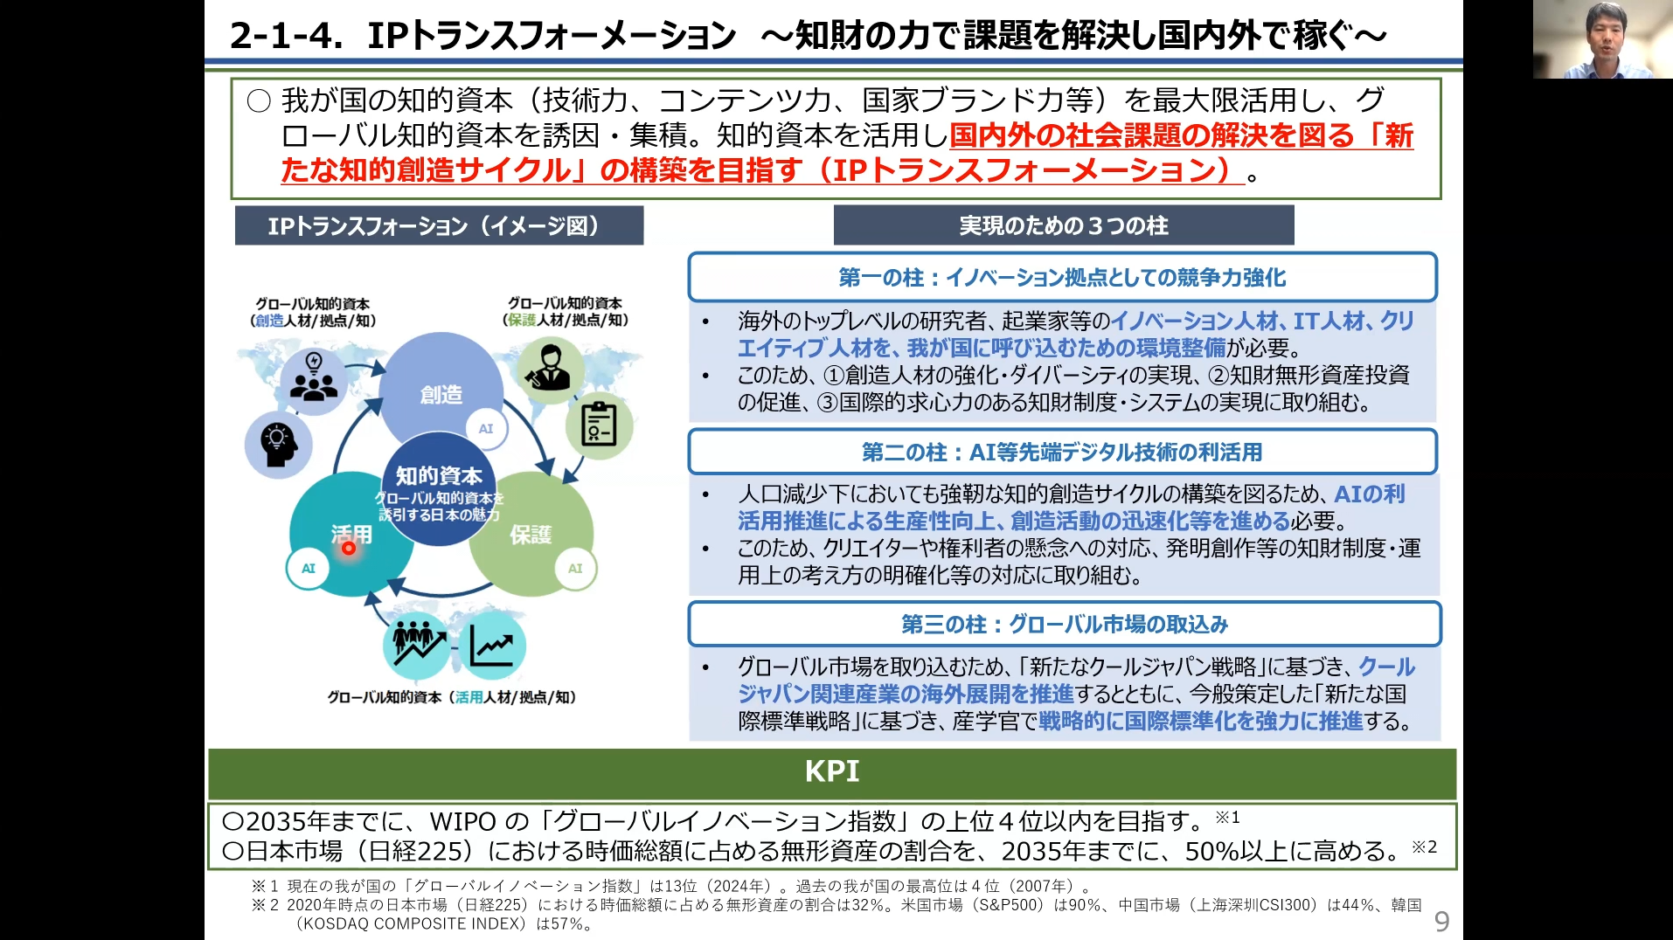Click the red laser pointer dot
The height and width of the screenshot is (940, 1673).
coord(349,548)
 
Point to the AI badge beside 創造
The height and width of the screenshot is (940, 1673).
coord(486,429)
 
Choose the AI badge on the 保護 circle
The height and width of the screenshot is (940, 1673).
coord(575,568)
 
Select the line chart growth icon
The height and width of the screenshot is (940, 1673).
coord(491,646)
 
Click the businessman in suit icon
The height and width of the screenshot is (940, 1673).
coord(549,370)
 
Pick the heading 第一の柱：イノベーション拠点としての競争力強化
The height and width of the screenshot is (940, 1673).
coord(1062,278)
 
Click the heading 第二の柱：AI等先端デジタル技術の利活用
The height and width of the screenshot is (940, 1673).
coord(1062,453)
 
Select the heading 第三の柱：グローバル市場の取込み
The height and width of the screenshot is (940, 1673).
coord(1064,625)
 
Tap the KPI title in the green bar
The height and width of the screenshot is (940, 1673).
coord(831,771)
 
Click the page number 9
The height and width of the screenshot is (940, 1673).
coord(1441,922)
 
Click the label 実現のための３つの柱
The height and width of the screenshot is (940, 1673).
coord(1063,226)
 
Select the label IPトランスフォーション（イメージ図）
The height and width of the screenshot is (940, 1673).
coord(439,226)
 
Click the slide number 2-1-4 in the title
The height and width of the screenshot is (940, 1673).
coord(286,36)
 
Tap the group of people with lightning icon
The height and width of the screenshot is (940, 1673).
coord(313,377)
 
